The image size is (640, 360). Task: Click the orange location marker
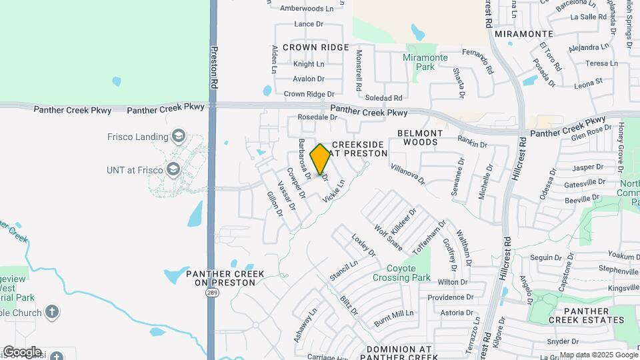coord(320,159)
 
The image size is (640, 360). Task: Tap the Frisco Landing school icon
coord(178,137)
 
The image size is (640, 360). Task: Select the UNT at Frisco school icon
coord(174,169)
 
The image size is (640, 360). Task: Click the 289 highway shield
coord(211,292)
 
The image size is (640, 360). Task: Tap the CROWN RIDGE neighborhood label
coord(315,47)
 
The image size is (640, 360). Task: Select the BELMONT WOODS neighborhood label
coord(427,137)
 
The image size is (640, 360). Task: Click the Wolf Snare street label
coord(388,237)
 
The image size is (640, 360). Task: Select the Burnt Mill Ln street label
coord(394,318)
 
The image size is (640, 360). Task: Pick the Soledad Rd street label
coord(385,97)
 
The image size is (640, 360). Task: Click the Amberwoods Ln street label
coord(307,9)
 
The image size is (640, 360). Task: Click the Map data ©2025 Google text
coord(599,355)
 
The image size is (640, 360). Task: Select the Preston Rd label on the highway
coord(214,67)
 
